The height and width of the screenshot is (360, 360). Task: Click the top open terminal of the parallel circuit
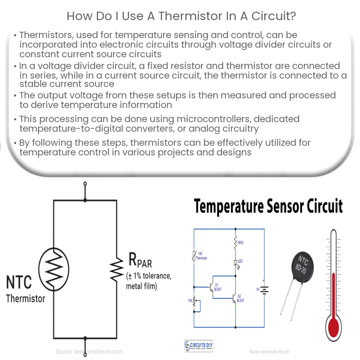tap(85, 184)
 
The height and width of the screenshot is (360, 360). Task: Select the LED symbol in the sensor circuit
tap(235, 263)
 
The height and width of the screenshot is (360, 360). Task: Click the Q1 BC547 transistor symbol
tap(209, 287)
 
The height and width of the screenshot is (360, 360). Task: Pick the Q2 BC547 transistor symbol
tap(233, 299)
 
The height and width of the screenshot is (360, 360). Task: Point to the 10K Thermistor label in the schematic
tap(201, 256)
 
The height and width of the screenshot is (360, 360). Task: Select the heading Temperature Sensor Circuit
tap(268, 207)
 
